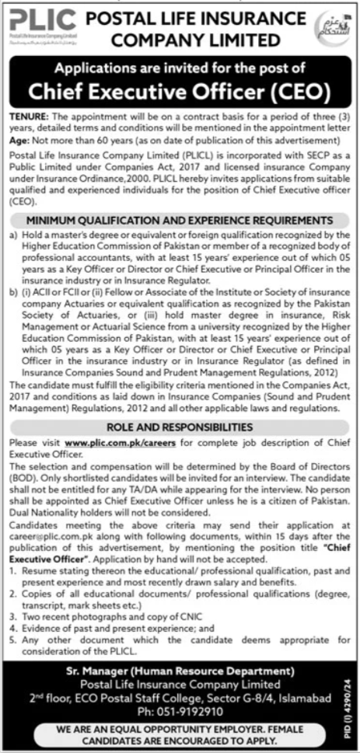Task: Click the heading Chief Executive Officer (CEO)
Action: click(x=180, y=92)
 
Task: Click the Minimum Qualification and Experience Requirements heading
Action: click(x=180, y=198)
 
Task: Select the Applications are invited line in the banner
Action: click(x=180, y=70)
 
